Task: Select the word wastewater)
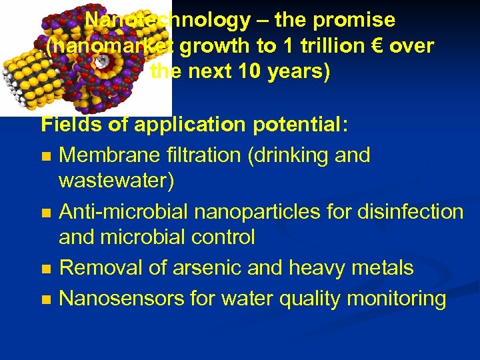(116, 180)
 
